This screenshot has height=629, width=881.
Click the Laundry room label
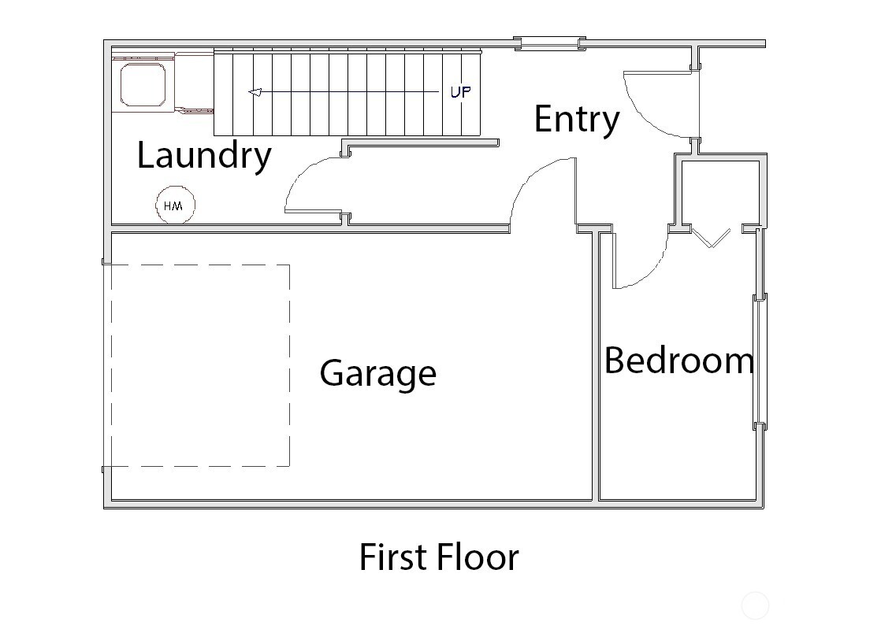pyautogui.click(x=204, y=155)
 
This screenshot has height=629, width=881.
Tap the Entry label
pyautogui.click(x=576, y=119)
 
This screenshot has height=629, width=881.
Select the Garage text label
pyautogui.click(x=377, y=372)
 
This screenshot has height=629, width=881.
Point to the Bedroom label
pyautogui.click(x=678, y=361)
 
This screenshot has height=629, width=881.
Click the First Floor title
pyautogui.click(x=439, y=557)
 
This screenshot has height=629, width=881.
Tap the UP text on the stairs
pyautogui.click(x=460, y=92)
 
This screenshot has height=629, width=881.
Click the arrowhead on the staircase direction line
pyautogui.click(x=255, y=92)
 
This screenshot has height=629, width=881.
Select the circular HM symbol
pyautogui.click(x=174, y=205)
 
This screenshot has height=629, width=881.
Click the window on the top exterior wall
pyautogui.click(x=549, y=43)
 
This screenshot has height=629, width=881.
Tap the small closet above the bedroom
pyautogui.click(x=719, y=194)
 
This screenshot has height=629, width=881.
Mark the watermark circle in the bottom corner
pyautogui.click(x=755, y=606)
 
